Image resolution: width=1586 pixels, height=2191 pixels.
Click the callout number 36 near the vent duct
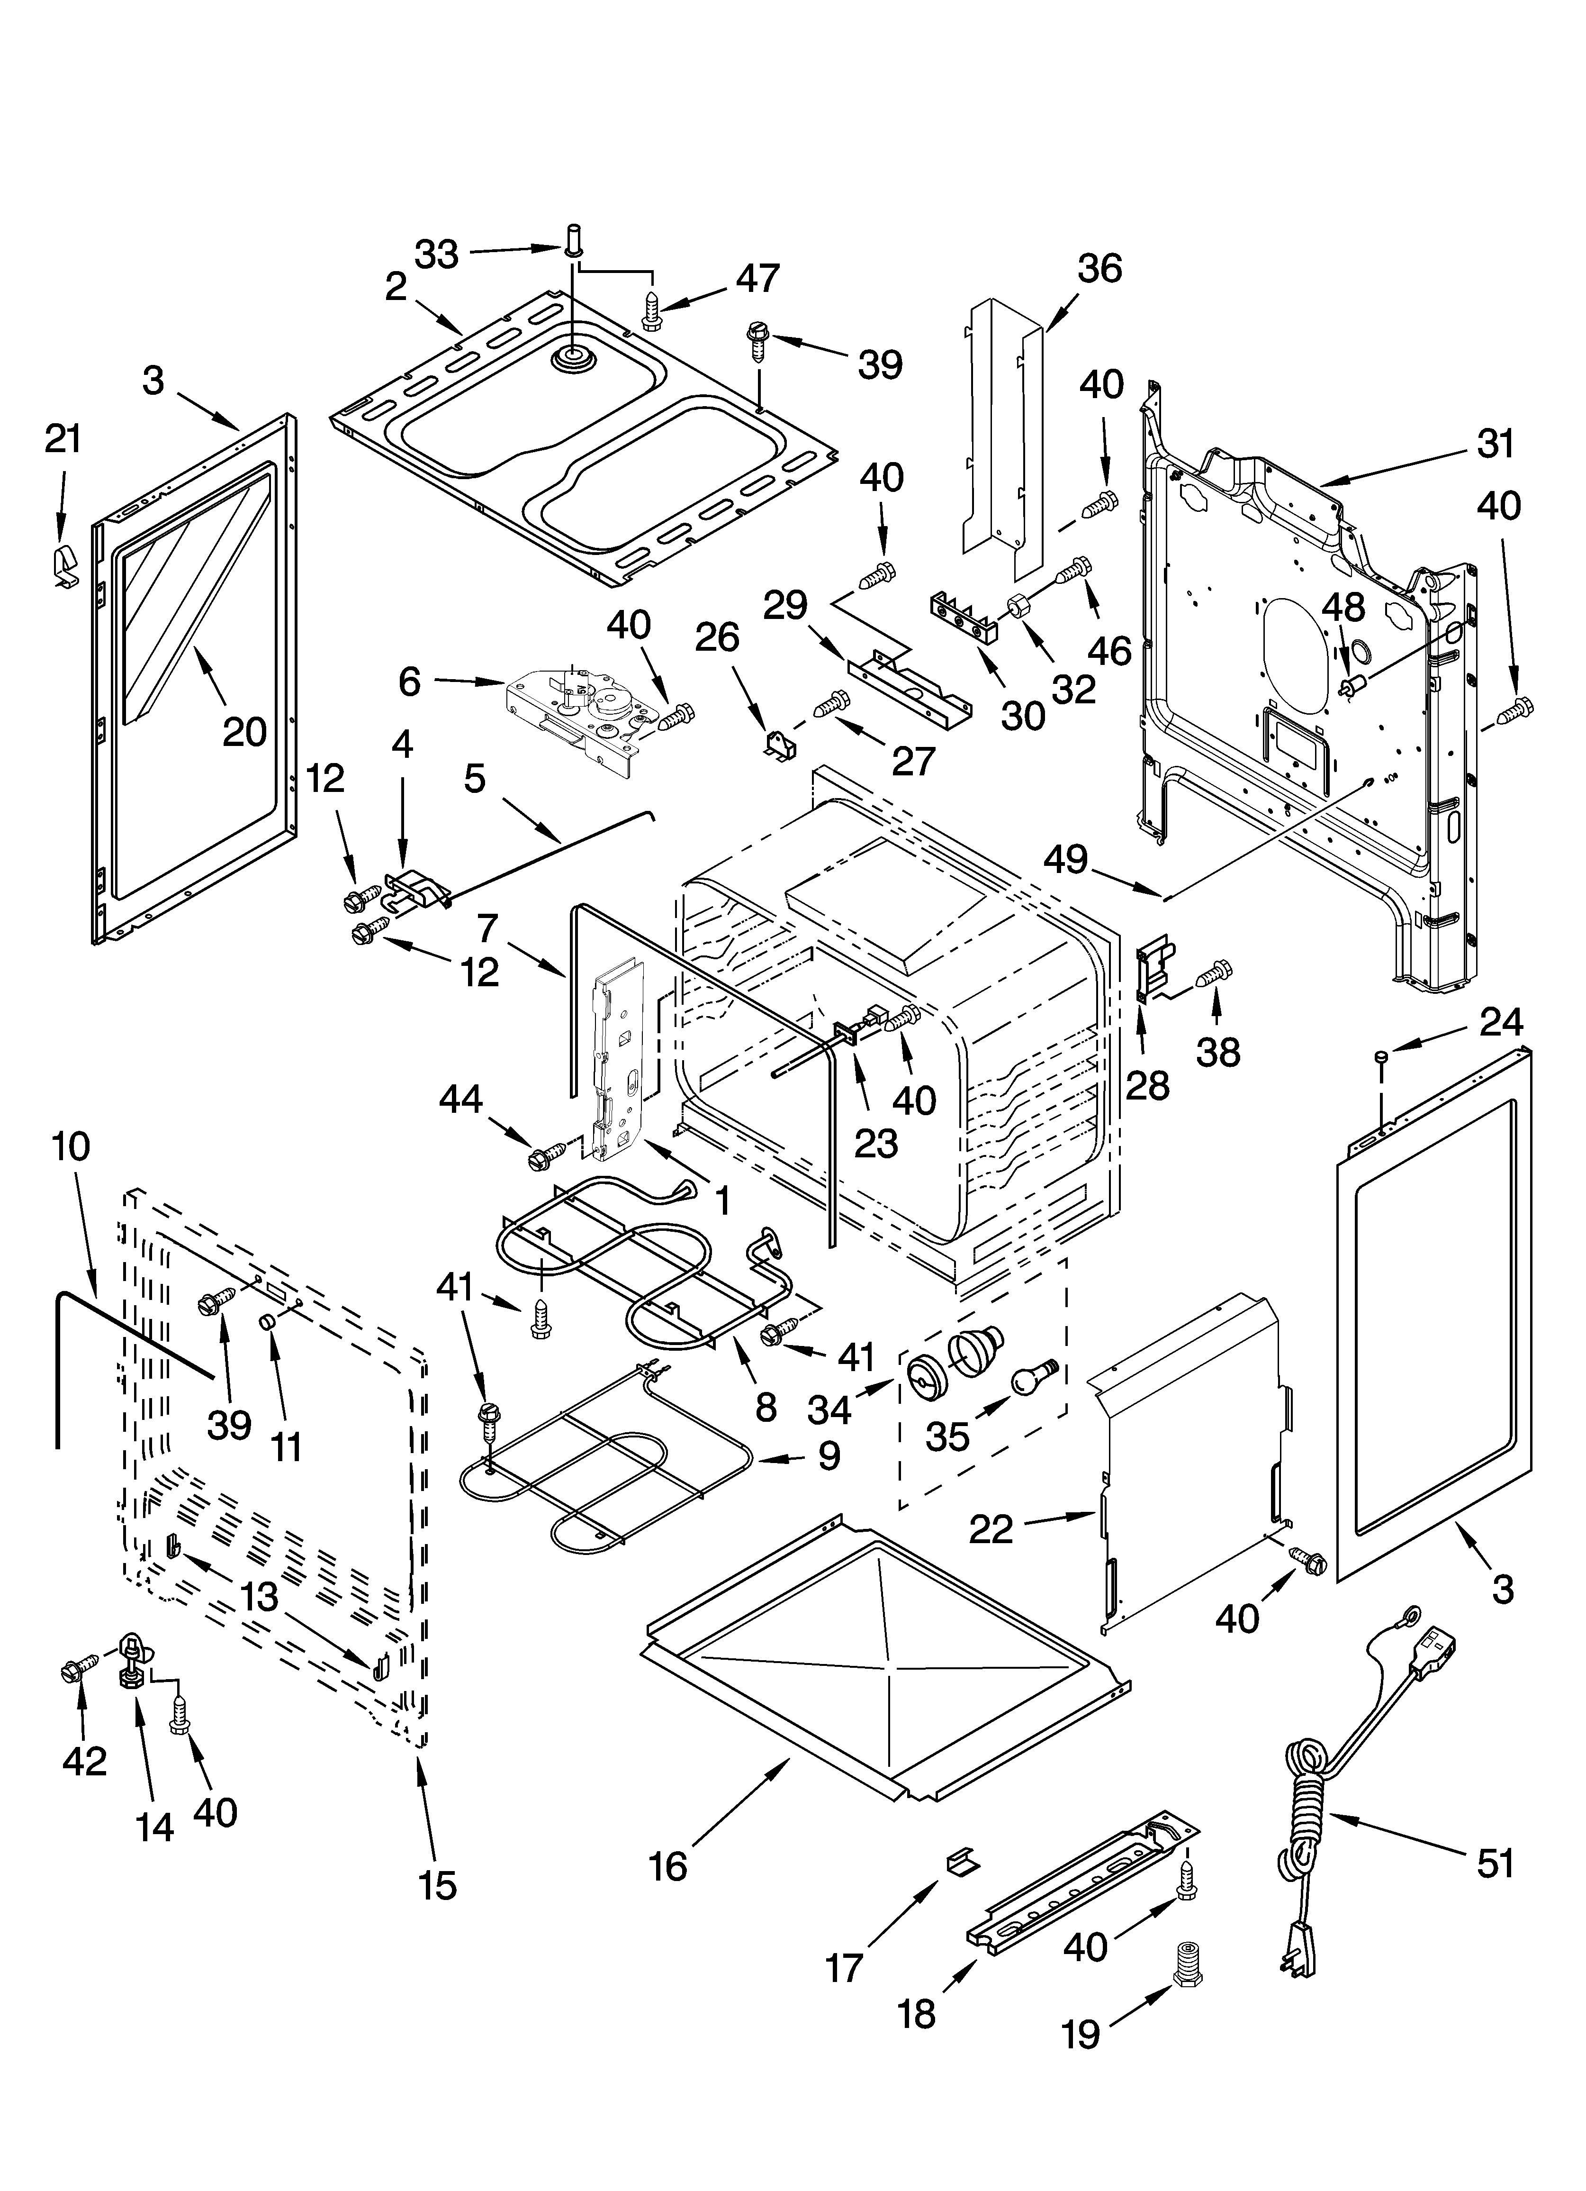[1099, 268]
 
